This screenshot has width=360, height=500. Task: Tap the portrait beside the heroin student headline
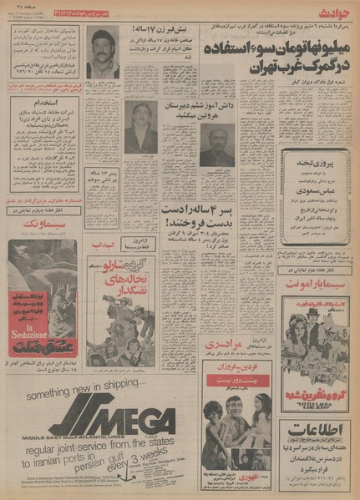tap(216, 144)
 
